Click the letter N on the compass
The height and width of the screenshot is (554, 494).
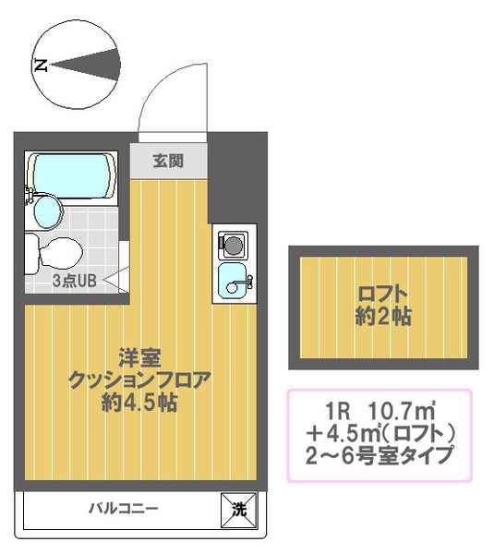[x=40, y=66]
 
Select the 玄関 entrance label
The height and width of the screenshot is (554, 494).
[x=168, y=161]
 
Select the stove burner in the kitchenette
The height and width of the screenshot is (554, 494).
[x=231, y=246]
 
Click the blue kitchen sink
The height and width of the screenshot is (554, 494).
[x=231, y=281]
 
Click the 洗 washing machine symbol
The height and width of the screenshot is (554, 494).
[x=237, y=509]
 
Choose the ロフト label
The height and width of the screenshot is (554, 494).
[x=383, y=295]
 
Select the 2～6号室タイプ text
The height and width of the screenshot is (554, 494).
[x=380, y=455]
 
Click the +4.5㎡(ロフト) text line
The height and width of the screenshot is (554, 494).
[x=380, y=432]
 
